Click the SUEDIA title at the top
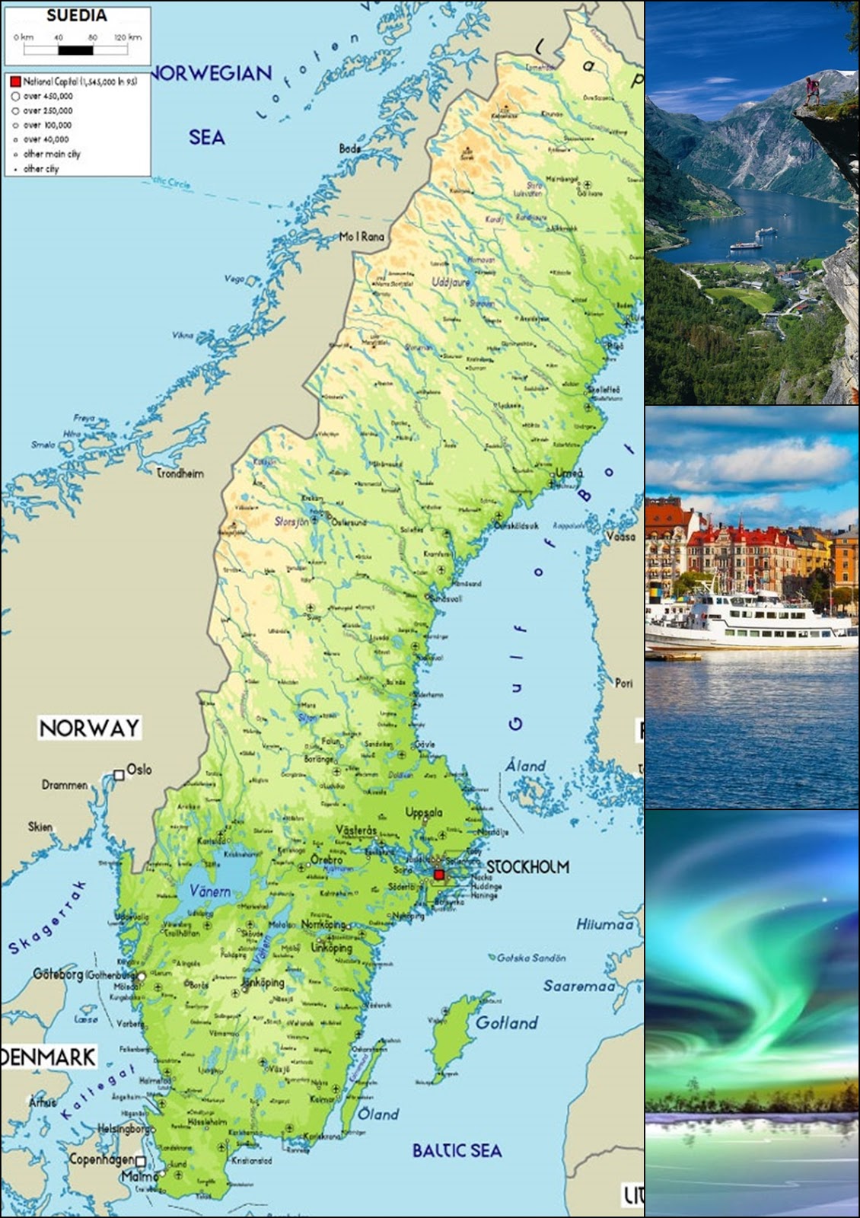(77, 15)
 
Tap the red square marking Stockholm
(438, 875)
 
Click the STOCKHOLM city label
(527, 866)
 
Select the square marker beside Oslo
(119, 775)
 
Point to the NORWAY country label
(89, 728)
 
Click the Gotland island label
(506, 1022)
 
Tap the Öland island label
(378, 1114)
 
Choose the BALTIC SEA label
(457, 1150)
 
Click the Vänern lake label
(210, 891)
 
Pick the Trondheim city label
(180, 473)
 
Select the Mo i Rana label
(362, 237)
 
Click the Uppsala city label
(424, 812)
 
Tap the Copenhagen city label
(101, 1159)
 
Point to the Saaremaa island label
(578, 986)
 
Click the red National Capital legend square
(15, 81)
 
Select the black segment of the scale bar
(75, 50)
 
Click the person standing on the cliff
(814, 91)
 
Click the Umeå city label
(569, 473)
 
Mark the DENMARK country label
(49, 1057)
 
